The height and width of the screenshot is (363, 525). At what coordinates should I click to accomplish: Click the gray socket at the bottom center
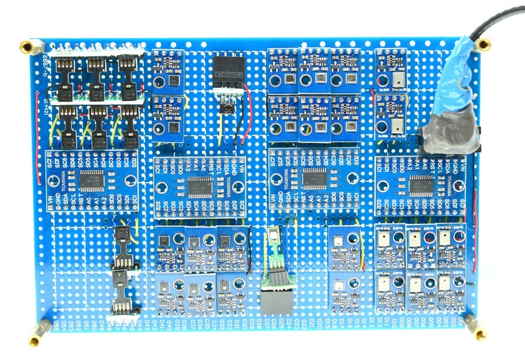click(x=278, y=301)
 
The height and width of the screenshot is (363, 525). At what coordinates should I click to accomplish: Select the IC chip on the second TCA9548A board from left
click(x=196, y=186)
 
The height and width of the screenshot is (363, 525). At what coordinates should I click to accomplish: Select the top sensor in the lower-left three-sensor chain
click(x=121, y=237)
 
